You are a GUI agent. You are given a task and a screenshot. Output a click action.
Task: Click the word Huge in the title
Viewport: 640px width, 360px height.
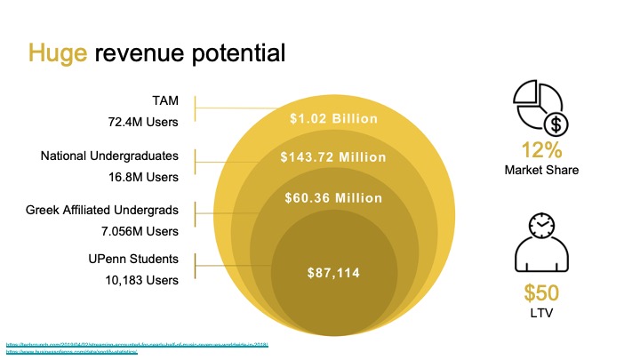(58, 52)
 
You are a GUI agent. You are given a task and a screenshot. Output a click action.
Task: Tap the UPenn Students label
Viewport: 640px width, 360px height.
(132, 260)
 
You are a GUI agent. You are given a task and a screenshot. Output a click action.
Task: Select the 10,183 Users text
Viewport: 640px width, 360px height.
(142, 280)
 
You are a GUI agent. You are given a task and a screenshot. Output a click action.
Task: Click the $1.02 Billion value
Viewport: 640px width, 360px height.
(334, 119)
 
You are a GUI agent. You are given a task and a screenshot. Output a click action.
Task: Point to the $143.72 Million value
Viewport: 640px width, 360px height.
(333, 157)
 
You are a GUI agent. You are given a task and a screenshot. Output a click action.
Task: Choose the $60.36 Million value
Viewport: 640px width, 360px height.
(333, 197)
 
